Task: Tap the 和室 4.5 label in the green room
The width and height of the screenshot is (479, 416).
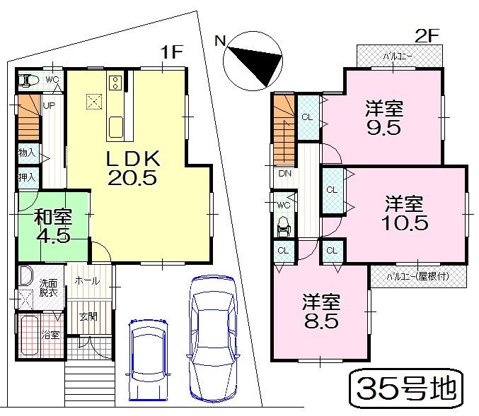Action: pyautogui.click(x=52, y=225)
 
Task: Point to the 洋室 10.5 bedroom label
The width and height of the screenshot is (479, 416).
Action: pyautogui.click(x=404, y=213)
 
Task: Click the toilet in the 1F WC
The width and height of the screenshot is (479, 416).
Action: pyautogui.click(x=25, y=80)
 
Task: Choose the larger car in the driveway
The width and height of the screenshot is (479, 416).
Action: pyautogui.click(x=213, y=338)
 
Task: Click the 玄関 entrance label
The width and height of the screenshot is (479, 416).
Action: pyautogui.click(x=88, y=316)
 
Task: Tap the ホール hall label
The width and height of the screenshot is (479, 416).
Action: pyautogui.click(x=88, y=281)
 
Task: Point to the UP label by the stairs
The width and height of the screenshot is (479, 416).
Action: pyautogui.click(x=49, y=105)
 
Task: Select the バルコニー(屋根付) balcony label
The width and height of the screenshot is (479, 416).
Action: pyautogui.click(x=417, y=275)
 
